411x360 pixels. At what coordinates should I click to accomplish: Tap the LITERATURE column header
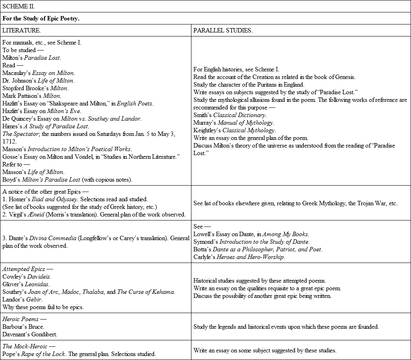21,30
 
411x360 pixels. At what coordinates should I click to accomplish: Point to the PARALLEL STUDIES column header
223,30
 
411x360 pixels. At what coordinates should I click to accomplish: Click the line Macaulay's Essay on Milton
39,73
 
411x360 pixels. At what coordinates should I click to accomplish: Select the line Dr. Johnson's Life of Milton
38,81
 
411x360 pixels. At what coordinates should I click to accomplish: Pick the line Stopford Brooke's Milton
35,88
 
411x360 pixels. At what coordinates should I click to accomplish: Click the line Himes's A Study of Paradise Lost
46,126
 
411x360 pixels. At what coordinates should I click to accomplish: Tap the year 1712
10,142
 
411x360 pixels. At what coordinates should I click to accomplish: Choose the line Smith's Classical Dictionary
230,115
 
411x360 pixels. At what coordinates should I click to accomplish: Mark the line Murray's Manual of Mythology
234,123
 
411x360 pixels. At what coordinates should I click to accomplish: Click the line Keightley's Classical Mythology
234,130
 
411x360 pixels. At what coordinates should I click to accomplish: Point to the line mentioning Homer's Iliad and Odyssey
75,199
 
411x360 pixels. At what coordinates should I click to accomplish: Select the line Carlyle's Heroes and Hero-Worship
239,257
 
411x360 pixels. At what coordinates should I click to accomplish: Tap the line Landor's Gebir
22,299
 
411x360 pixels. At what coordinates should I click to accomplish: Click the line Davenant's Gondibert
30,334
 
